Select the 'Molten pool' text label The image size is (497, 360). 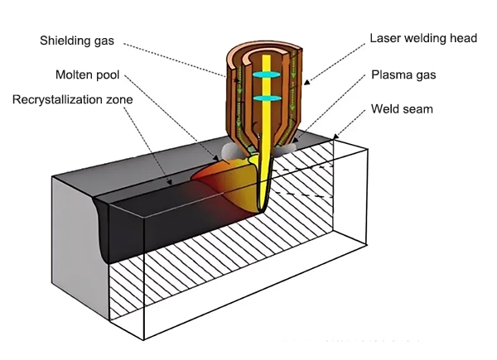tap(86, 75)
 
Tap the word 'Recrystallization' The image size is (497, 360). tap(55, 99)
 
